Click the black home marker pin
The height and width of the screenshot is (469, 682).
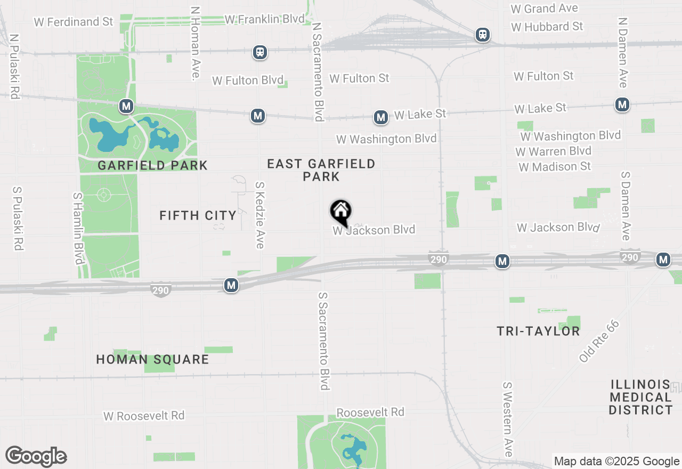click(341, 212)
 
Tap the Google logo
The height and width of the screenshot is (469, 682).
click(36, 457)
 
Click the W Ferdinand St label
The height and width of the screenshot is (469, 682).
click(74, 22)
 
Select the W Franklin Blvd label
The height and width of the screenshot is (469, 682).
click(264, 19)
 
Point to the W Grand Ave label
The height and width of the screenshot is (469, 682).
click(544, 9)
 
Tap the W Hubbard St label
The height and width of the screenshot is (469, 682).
click(547, 26)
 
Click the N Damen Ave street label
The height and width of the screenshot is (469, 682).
click(622, 52)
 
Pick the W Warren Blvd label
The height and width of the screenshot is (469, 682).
click(553, 151)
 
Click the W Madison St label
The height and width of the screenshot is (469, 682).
click(554, 167)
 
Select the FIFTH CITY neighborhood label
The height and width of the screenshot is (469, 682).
click(198, 215)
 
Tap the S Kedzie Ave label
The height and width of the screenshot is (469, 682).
click(259, 215)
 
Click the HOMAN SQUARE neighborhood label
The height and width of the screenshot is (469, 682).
click(152, 359)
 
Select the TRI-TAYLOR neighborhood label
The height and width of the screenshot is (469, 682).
click(538, 331)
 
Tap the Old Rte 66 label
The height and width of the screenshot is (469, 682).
click(599, 342)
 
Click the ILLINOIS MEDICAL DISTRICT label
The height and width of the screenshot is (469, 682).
click(641, 397)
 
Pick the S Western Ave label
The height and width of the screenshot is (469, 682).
click(507, 419)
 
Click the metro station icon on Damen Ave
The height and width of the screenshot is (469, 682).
click(622, 104)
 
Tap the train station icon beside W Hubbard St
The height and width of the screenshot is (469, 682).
click(483, 35)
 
